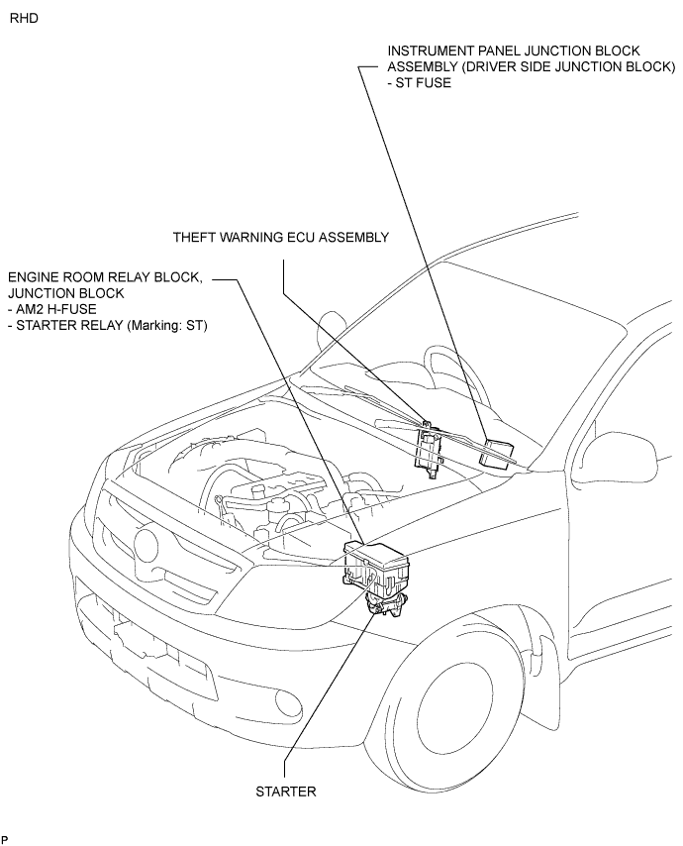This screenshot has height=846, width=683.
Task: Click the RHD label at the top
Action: click(25, 19)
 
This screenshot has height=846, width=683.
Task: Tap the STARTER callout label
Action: click(286, 792)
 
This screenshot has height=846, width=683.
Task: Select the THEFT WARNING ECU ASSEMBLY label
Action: click(281, 238)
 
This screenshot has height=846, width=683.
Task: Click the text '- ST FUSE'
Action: click(420, 83)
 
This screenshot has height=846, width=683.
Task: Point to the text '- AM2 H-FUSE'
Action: click(52, 310)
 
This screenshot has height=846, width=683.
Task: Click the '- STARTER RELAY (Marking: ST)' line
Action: click(108, 326)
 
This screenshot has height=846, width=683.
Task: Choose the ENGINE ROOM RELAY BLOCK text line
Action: click(106, 277)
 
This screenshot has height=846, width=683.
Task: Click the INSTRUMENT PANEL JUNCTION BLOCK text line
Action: click(514, 51)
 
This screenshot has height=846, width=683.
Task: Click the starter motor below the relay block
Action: click(384, 604)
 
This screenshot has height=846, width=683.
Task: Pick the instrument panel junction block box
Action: click(497, 451)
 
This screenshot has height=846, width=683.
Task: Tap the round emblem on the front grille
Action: click(147, 546)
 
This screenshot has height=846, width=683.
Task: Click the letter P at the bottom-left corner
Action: click(5, 839)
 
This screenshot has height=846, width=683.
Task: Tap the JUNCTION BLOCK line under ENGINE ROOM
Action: click(66, 293)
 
